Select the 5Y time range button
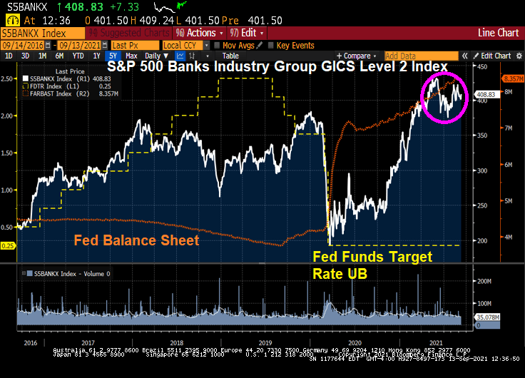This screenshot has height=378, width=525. point(112,56)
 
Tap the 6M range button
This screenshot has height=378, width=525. point(60,56)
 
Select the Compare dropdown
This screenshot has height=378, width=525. point(357,56)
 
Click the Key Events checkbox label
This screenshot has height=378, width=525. point(295,45)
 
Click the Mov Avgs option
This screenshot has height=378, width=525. point(238,45)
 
